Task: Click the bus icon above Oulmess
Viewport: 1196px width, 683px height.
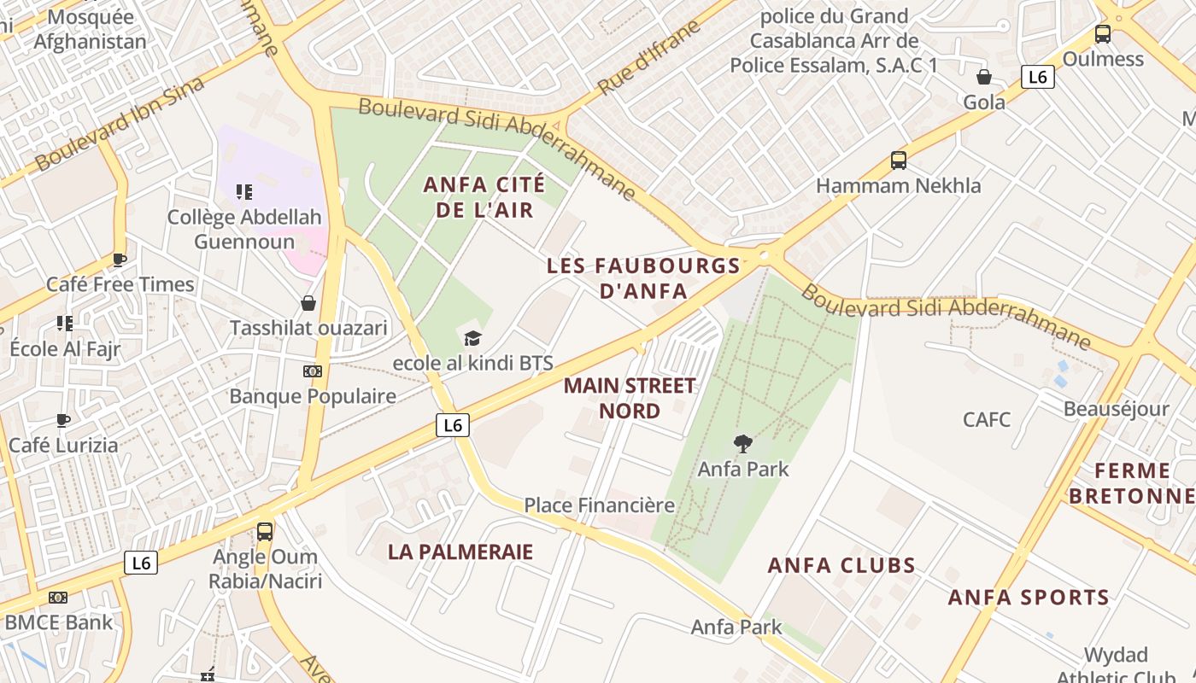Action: [x=1103, y=34]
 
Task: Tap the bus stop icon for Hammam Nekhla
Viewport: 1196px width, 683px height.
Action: [x=898, y=161]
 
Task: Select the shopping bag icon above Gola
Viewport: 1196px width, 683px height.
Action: [x=984, y=77]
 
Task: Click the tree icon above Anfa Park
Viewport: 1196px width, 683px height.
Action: [x=743, y=443]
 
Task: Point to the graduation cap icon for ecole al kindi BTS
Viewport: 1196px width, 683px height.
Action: [x=472, y=338]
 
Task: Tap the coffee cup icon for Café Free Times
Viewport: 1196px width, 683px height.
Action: [x=120, y=260]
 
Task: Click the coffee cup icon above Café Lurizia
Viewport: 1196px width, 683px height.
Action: [x=63, y=420]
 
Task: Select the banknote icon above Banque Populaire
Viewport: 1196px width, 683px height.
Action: [x=313, y=371]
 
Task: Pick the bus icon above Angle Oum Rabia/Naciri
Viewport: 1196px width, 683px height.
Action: [x=265, y=532]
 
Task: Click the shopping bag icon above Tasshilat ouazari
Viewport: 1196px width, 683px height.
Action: [x=308, y=303]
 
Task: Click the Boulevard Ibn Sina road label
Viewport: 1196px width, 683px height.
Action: [x=120, y=123]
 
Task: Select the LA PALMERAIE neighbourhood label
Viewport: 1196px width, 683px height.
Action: [x=460, y=552]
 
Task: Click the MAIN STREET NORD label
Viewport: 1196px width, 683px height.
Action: [x=630, y=398]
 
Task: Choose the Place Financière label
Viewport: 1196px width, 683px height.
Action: [x=599, y=505]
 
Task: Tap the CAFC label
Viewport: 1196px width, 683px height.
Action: [x=987, y=420]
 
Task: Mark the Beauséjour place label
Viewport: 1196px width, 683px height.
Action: [x=1116, y=409]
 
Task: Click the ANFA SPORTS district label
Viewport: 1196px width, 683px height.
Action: [x=1029, y=598]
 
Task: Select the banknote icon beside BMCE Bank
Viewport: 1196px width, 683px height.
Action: [x=58, y=598]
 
